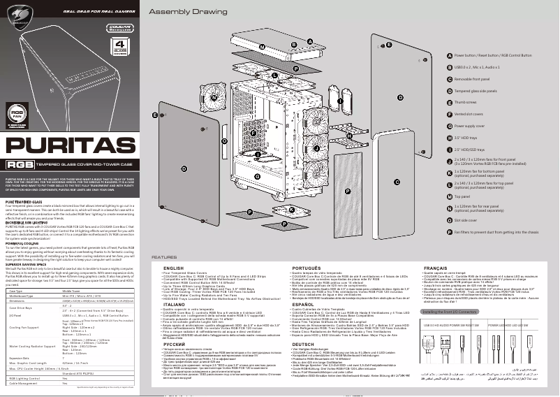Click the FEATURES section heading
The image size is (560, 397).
click(x=165, y=258)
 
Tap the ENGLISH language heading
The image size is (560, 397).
click(x=172, y=268)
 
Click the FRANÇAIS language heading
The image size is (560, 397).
click(x=437, y=268)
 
